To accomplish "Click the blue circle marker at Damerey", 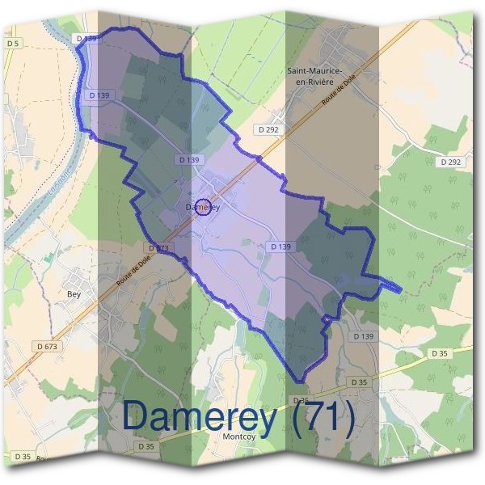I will [204, 207].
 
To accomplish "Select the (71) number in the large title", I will [323, 417].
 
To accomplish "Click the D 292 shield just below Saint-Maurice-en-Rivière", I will [269, 129].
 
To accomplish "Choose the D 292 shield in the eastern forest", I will [452, 162].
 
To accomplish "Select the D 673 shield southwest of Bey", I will [48, 347].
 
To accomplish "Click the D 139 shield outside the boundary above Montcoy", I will [364, 335].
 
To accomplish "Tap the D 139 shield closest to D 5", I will [85, 38].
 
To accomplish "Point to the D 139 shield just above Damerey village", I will [188, 160].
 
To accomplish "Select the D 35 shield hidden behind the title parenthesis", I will [300, 401].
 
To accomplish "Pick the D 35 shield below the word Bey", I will [146, 446].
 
